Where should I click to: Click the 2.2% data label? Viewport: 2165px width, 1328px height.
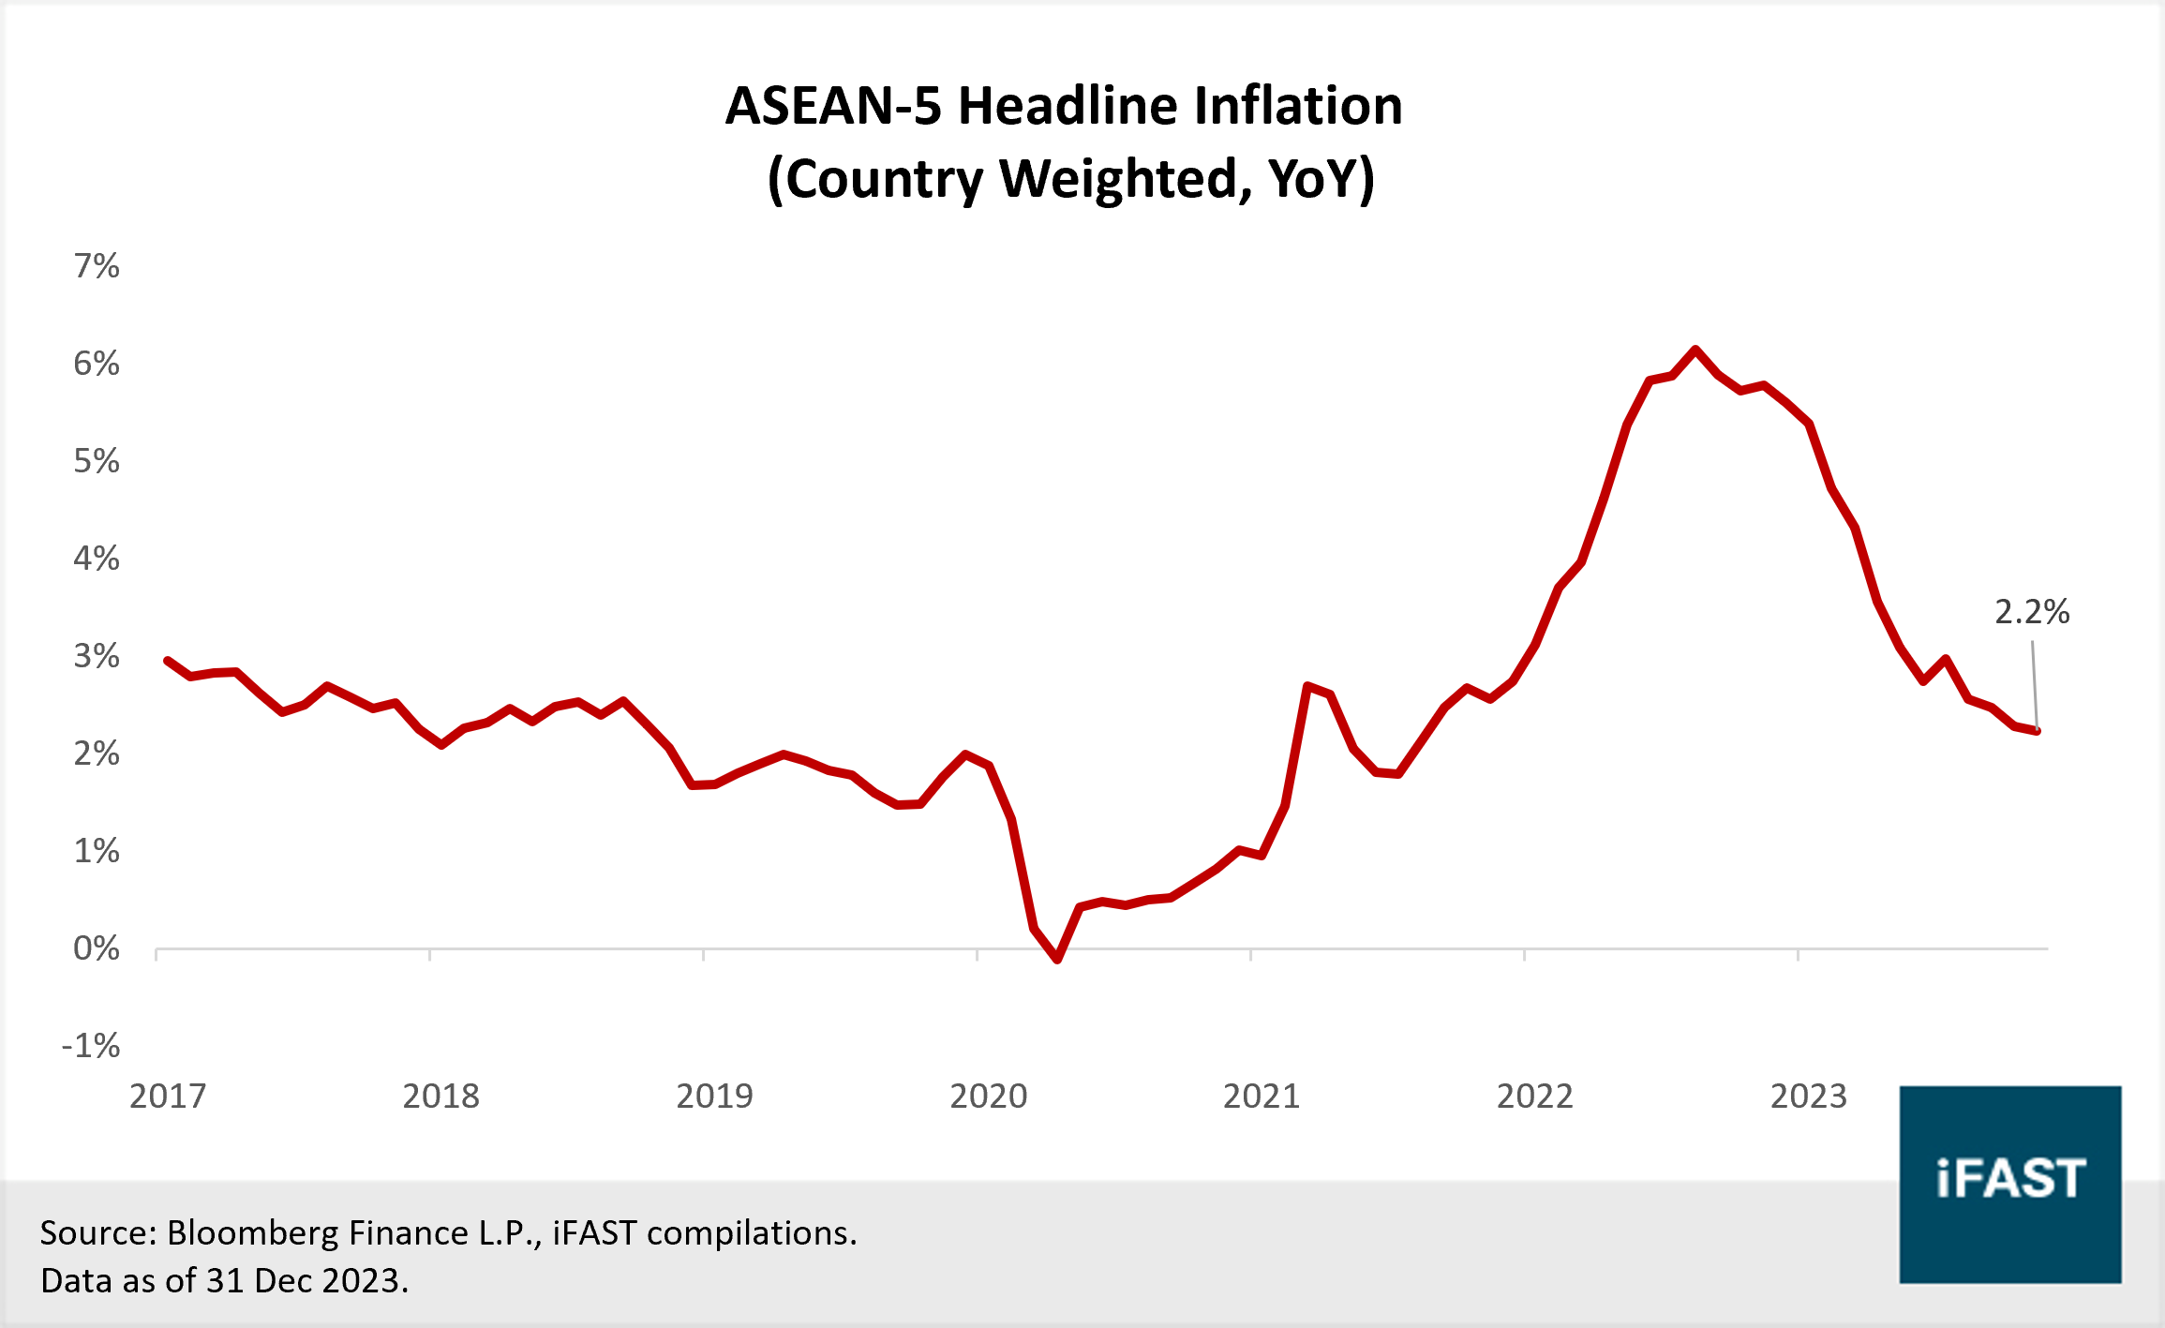click(2031, 612)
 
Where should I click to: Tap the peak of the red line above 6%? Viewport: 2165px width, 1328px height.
click(1695, 350)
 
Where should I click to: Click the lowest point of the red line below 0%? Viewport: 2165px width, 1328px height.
click(1057, 960)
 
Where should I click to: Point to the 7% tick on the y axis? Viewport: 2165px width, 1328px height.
click(97, 266)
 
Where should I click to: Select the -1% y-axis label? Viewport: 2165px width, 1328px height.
click(91, 1046)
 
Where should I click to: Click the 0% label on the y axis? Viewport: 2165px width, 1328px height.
click(97, 948)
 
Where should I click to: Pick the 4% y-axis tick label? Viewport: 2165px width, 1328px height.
click(97, 559)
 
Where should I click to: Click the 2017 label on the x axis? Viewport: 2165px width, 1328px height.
click(168, 1096)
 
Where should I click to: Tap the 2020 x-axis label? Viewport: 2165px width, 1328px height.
click(989, 1096)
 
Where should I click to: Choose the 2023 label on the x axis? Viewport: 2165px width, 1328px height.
click(1808, 1096)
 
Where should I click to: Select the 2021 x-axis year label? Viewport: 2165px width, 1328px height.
click(1262, 1096)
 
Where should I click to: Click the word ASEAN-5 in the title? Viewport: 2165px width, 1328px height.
click(833, 106)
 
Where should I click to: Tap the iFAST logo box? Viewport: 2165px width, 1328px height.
click(2009, 1184)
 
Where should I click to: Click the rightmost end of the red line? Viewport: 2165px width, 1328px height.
click(2037, 731)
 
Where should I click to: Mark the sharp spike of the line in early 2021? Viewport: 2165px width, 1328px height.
click(1307, 686)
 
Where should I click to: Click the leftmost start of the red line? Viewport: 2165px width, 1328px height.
click(168, 661)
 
